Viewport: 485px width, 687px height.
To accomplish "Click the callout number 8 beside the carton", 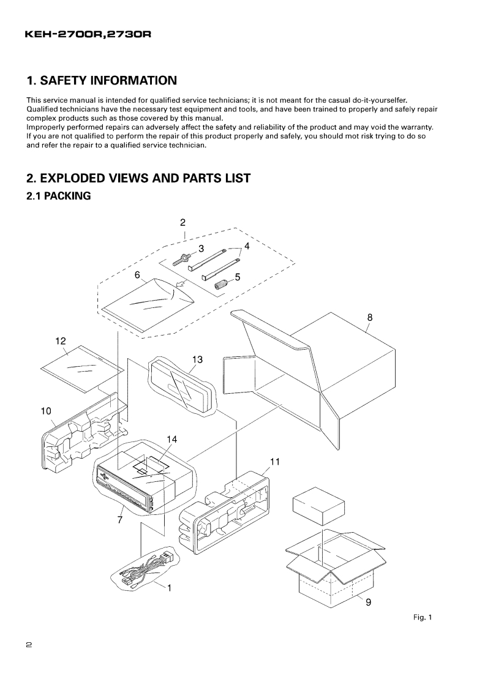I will tap(370, 317).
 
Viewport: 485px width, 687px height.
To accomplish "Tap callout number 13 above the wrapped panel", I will tap(197, 359).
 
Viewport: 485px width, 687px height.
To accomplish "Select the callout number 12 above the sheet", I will tap(61, 340).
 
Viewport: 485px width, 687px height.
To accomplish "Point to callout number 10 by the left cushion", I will tap(46, 411).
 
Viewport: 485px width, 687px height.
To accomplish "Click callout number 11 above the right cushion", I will tap(275, 462).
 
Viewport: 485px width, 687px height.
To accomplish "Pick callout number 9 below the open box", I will tap(368, 603).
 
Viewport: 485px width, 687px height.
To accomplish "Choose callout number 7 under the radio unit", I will tap(120, 520).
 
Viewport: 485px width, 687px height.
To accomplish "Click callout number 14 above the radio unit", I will tap(172, 439).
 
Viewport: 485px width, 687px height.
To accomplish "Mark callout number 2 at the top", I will tap(182, 222).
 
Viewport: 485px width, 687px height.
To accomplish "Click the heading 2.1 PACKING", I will tap(59, 197).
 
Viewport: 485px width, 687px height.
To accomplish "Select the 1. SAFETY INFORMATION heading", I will tap(102, 81).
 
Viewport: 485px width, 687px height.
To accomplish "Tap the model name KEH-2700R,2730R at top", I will tap(87, 36).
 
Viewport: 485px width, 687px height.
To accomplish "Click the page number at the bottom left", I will tap(29, 645).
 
